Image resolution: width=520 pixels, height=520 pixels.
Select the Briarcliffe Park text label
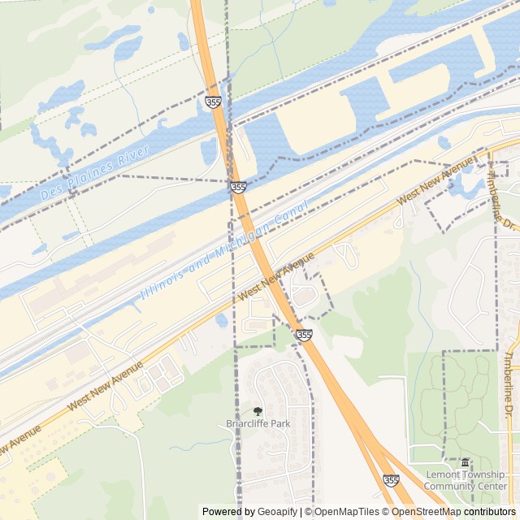pyautogui.click(x=258, y=423)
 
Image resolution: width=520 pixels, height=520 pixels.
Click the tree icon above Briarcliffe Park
pyautogui.click(x=258, y=412)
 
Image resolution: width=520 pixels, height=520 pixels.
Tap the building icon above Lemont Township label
pyautogui.click(x=465, y=463)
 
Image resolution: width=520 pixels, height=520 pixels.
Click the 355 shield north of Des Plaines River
pyautogui.click(x=213, y=102)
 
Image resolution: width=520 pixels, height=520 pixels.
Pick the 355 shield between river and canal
pyautogui.click(x=238, y=187)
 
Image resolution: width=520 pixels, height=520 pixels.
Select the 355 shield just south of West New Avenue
pyautogui.click(x=303, y=334)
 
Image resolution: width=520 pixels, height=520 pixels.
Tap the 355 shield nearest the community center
pyautogui.click(x=391, y=480)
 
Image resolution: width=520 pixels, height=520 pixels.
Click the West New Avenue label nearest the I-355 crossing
pyautogui.click(x=276, y=279)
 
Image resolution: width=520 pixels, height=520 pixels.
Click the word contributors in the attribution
pyautogui.click(x=490, y=512)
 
